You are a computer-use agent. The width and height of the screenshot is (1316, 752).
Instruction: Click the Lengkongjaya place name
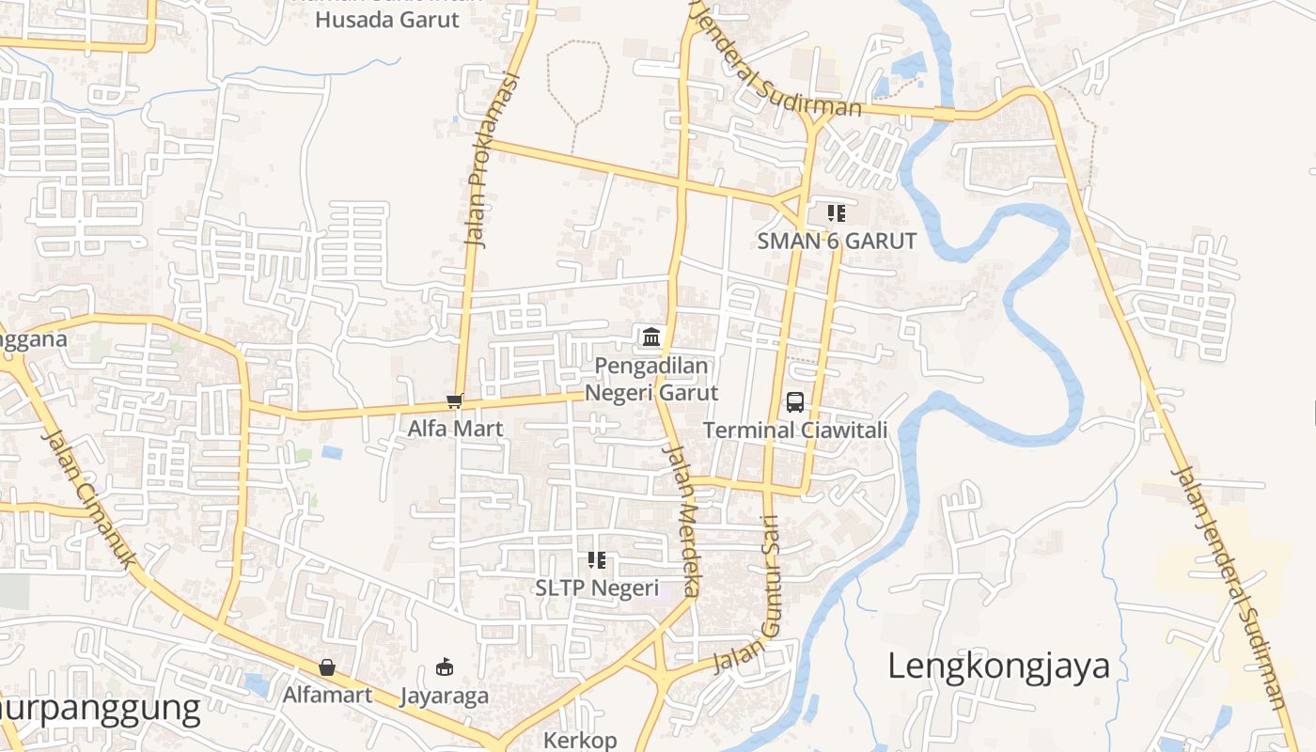click(x=998, y=666)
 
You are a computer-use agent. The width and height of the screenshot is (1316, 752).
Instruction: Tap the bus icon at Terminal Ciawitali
click(x=795, y=402)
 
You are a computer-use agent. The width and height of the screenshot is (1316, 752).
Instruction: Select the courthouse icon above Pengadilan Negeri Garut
click(x=650, y=337)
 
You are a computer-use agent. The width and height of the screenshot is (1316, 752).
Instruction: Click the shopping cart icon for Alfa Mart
click(x=455, y=401)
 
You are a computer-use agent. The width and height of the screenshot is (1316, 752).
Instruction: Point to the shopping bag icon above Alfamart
click(x=327, y=667)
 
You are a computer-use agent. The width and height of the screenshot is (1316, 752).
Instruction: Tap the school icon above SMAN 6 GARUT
click(x=837, y=213)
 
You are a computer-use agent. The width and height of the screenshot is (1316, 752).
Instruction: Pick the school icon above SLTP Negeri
click(x=597, y=560)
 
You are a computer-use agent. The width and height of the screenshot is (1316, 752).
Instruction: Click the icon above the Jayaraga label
click(x=445, y=667)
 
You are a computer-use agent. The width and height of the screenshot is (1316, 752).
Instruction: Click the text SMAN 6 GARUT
click(x=837, y=241)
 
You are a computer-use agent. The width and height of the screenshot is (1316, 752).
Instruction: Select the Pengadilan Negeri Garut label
click(x=651, y=379)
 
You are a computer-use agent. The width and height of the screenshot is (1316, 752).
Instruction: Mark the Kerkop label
click(x=580, y=741)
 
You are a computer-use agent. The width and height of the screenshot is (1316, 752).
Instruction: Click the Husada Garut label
click(x=387, y=20)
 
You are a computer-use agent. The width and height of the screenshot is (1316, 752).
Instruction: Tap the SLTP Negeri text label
click(x=597, y=587)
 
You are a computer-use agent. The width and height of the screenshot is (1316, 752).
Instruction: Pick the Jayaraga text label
click(x=445, y=696)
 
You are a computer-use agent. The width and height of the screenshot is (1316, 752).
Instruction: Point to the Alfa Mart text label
click(x=455, y=429)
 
